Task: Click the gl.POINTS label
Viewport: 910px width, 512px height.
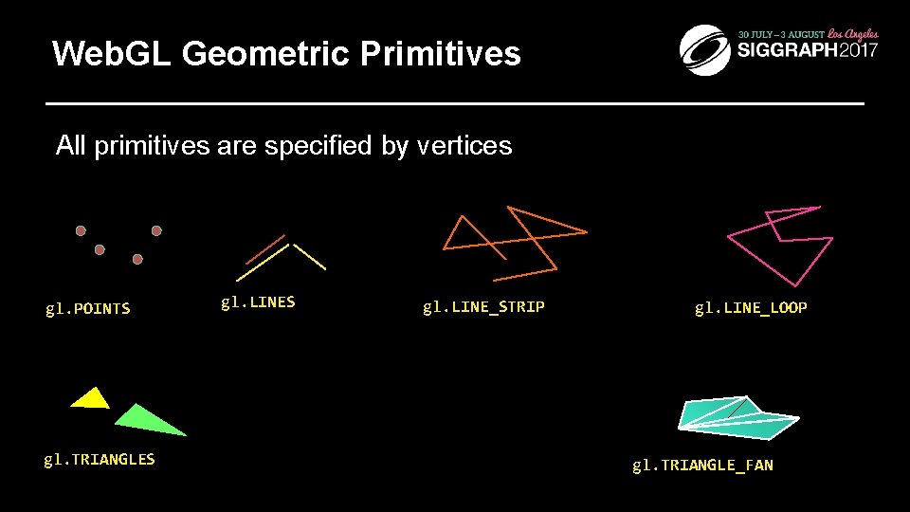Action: (x=88, y=308)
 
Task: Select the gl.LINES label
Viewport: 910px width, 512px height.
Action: (x=258, y=302)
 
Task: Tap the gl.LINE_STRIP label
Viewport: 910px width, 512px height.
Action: (x=483, y=306)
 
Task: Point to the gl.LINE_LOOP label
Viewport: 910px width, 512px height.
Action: (x=751, y=307)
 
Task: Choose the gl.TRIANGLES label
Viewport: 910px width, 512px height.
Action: (x=100, y=460)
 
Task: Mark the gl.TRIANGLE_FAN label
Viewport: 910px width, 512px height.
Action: (x=702, y=465)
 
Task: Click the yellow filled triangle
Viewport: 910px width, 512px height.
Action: (x=92, y=399)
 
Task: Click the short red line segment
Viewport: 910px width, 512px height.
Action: (x=265, y=248)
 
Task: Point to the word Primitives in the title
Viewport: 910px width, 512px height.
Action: (x=441, y=54)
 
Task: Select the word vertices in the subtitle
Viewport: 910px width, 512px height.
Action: (x=464, y=146)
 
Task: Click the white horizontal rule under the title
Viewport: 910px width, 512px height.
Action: (x=455, y=102)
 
